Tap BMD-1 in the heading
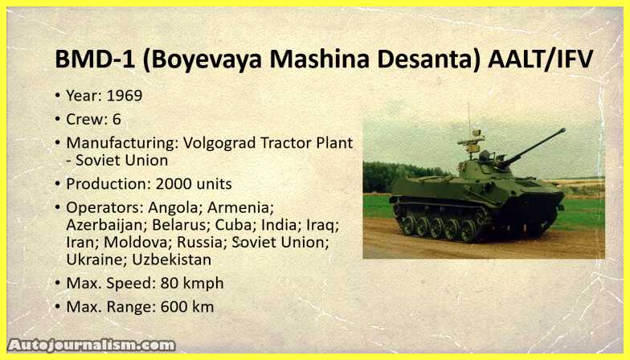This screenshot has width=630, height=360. point(95,59)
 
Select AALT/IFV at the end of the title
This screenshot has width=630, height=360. point(540,59)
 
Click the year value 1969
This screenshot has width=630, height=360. point(124,96)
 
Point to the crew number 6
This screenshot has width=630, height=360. point(117,119)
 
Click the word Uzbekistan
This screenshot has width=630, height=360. point(172,260)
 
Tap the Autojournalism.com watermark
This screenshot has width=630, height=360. point(92,346)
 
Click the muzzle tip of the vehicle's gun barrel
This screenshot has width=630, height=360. point(563,130)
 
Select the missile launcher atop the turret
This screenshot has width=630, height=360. point(471,141)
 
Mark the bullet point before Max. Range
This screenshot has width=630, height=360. point(58,307)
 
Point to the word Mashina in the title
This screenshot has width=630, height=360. point(320,59)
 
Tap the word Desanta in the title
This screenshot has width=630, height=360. point(429,59)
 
